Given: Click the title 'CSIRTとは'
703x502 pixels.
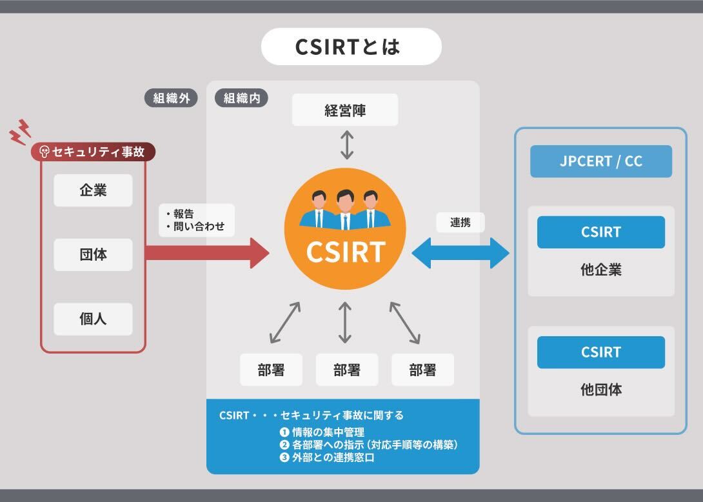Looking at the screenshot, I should pos(351,46).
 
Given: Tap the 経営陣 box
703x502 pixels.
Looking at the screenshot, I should pos(345,110).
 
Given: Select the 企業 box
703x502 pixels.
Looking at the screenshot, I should pos(93,190).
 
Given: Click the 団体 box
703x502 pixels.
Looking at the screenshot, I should pos(93,255).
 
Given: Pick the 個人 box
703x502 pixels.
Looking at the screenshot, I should pos(93,319).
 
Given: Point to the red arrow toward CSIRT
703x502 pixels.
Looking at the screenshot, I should pos(206,252).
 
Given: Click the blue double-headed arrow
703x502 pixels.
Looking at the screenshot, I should pos(460,252).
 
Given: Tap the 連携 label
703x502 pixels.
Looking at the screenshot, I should pos(460,223).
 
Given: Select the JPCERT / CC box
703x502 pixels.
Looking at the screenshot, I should pos(601,161).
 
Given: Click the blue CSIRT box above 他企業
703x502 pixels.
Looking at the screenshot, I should pos(601,232).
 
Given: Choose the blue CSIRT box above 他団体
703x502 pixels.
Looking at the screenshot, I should pos(601,352).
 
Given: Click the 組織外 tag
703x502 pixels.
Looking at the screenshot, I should pos(171,98).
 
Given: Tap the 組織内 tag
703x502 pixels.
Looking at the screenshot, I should pos(241,98).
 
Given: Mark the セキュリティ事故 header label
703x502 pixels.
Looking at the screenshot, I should pos(93,152).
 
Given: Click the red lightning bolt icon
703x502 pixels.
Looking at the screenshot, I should pos(21,132).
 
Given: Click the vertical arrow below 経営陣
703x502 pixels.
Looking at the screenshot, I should pos(347,145).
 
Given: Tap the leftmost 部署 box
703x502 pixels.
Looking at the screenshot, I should pos(271,370).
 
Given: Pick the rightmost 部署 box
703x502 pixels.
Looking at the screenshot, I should pos(422,370).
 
